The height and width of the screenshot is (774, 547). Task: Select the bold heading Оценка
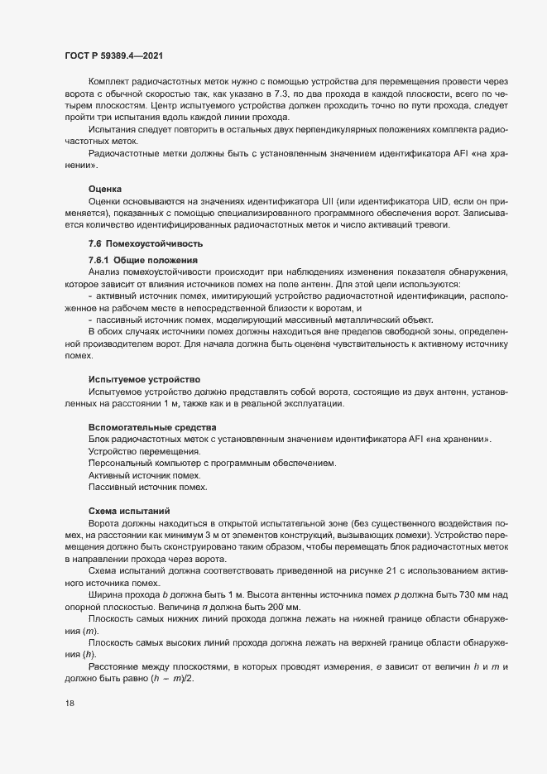[105, 190]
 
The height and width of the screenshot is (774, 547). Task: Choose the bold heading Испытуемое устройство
[145, 378]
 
